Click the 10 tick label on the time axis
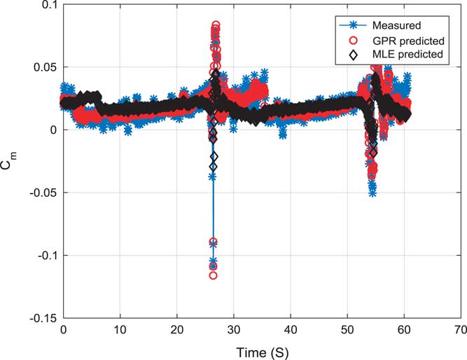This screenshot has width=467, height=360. point(120,328)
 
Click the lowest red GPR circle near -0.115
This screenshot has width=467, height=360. point(213,275)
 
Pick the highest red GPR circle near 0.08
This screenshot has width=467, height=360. point(216,25)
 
